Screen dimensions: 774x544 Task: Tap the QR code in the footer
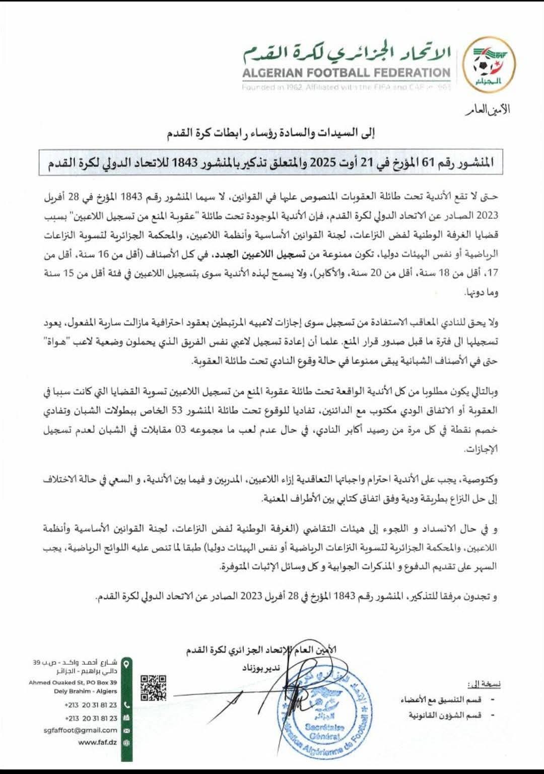pyautogui.click(x=153, y=688)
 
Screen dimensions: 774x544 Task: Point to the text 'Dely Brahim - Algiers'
pyautogui.click(x=86, y=691)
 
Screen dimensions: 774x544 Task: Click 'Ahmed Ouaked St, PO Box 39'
pyautogui.click(x=73, y=682)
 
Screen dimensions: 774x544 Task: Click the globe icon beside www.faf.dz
pyautogui.click(x=126, y=742)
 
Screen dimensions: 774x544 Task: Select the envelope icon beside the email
pyautogui.click(x=126, y=730)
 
